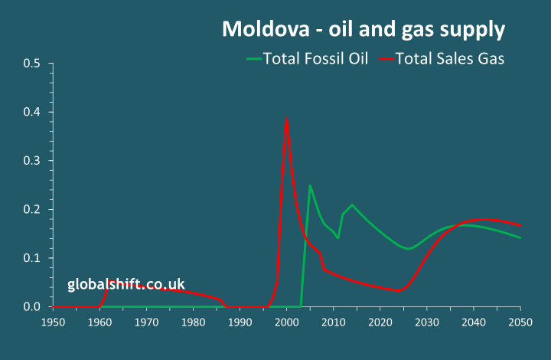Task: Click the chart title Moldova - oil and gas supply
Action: click(x=364, y=29)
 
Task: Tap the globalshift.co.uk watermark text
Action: click(x=126, y=284)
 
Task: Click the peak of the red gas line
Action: click(x=286, y=119)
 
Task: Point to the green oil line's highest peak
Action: click(x=310, y=185)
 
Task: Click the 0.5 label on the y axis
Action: click(x=31, y=64)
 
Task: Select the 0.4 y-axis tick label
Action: click(x=31, y=113)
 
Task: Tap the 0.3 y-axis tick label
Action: click(x=31, y=161)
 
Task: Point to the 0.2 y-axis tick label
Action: click(x=31, y=210)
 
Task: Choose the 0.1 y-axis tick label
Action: click(x=31, y=258)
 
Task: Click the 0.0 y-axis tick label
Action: click(x=31, y=307)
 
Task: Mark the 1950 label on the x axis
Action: click(x=53, y=322)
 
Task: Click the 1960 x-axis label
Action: click(x=99, y=322)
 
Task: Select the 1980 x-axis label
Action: click(x=193, y=322)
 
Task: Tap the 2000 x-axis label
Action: click(x=286, y=322)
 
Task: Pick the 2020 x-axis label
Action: click(x=380, y=322)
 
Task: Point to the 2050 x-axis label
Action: click(x=520, y=322)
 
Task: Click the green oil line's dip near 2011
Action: click(x=338, y=238)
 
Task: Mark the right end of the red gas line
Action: click(x=520, y=225)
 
